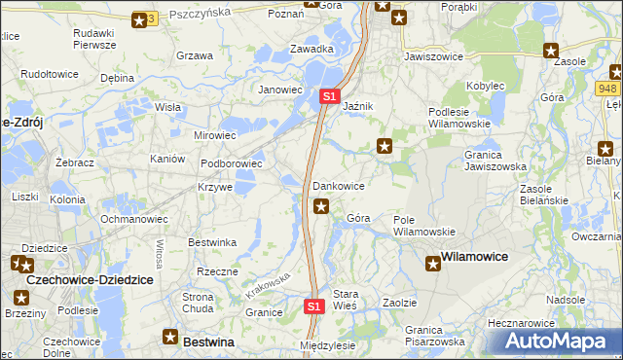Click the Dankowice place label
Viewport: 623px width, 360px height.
click(339, 185)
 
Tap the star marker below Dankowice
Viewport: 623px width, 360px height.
click(321, 205)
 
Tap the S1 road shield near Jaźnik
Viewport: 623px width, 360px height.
click(329, 96)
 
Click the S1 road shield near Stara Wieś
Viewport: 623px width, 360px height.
click(313, 306)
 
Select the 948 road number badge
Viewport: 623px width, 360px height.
click(608, 89)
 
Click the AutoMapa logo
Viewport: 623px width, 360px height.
click(561, 342)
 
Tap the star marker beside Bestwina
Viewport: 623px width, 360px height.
click(169, 341)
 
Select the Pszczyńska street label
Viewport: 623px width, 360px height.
click(199, 14)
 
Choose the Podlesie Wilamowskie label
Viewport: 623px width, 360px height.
click(461, 119)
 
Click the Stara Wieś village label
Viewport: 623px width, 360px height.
click(346, 299)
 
